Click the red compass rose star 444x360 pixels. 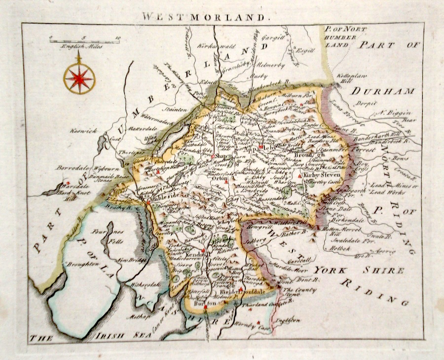79,79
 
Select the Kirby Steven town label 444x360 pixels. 323,175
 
